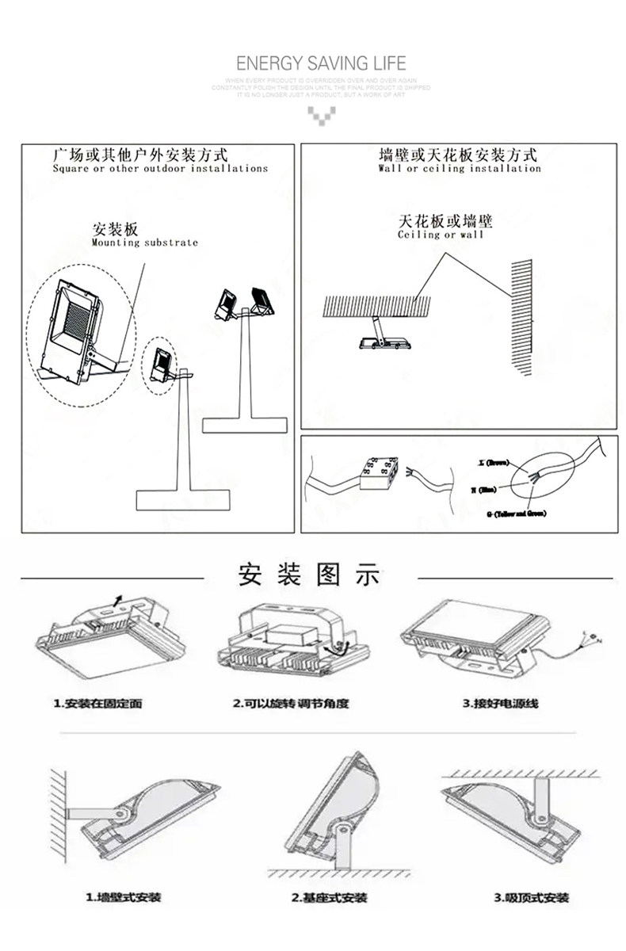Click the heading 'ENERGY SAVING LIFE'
[x=321, y=63]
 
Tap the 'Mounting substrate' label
[x=144, y=243]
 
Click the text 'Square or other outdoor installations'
[x=160, y=169]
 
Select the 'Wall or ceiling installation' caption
[x=459, y=169]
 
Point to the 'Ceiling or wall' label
[x=440, y=235]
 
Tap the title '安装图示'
[x=309, y=575]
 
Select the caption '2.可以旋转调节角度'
[x=290, y=703]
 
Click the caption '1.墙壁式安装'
[x=123, y=897]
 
